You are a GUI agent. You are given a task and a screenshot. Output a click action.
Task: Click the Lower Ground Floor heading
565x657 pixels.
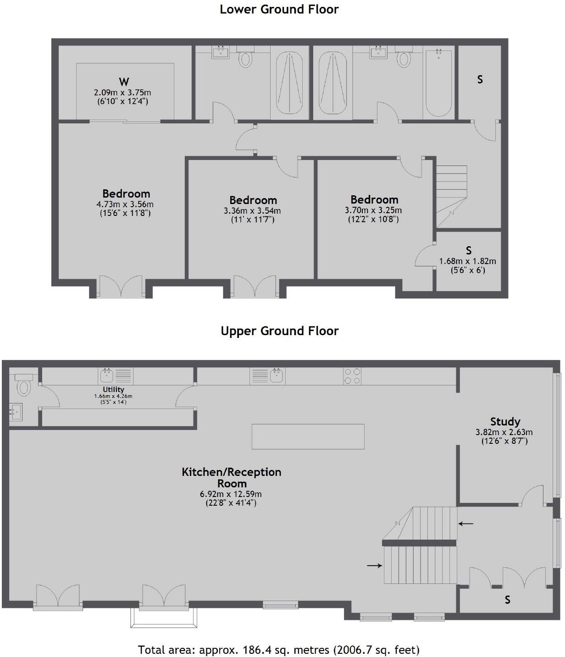pos(279,9)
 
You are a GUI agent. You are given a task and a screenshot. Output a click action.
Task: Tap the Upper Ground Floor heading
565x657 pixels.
pos(279,331)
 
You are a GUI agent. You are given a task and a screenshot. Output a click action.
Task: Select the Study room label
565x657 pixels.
pos(505,421)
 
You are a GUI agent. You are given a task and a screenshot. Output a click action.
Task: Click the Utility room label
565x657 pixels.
pos(113,389)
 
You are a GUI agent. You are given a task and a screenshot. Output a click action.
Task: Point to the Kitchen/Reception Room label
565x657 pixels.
pos(232,477)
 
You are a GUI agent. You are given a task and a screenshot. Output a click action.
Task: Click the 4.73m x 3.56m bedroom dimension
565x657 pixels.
pos(125,204)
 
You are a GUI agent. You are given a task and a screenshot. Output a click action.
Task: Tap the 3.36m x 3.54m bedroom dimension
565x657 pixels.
pos(252,210)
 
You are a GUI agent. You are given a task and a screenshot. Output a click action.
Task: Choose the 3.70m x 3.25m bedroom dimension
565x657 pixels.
pos(373,210)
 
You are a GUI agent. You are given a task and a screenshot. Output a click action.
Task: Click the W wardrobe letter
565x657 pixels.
pos(124,82)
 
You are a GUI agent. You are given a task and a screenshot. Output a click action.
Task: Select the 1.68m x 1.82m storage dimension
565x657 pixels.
pos(467,261)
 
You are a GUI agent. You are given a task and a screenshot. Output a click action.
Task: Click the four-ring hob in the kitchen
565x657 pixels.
pos(352,376)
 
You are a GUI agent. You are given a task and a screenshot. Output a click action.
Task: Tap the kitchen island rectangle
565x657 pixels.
pos(308,436)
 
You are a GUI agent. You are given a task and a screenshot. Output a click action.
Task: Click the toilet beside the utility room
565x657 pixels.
pos(23,385)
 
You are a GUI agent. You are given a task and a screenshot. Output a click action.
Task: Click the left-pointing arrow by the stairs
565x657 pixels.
pos(466,523)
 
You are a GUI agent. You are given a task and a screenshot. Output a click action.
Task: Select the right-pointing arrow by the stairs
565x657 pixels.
pos(375,565)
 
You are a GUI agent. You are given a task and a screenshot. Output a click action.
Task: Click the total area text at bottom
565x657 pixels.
pos(279,649)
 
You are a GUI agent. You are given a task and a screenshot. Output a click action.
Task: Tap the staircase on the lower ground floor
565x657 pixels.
pos(451,196)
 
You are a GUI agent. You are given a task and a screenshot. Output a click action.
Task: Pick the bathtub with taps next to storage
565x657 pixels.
pos(439,83)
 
